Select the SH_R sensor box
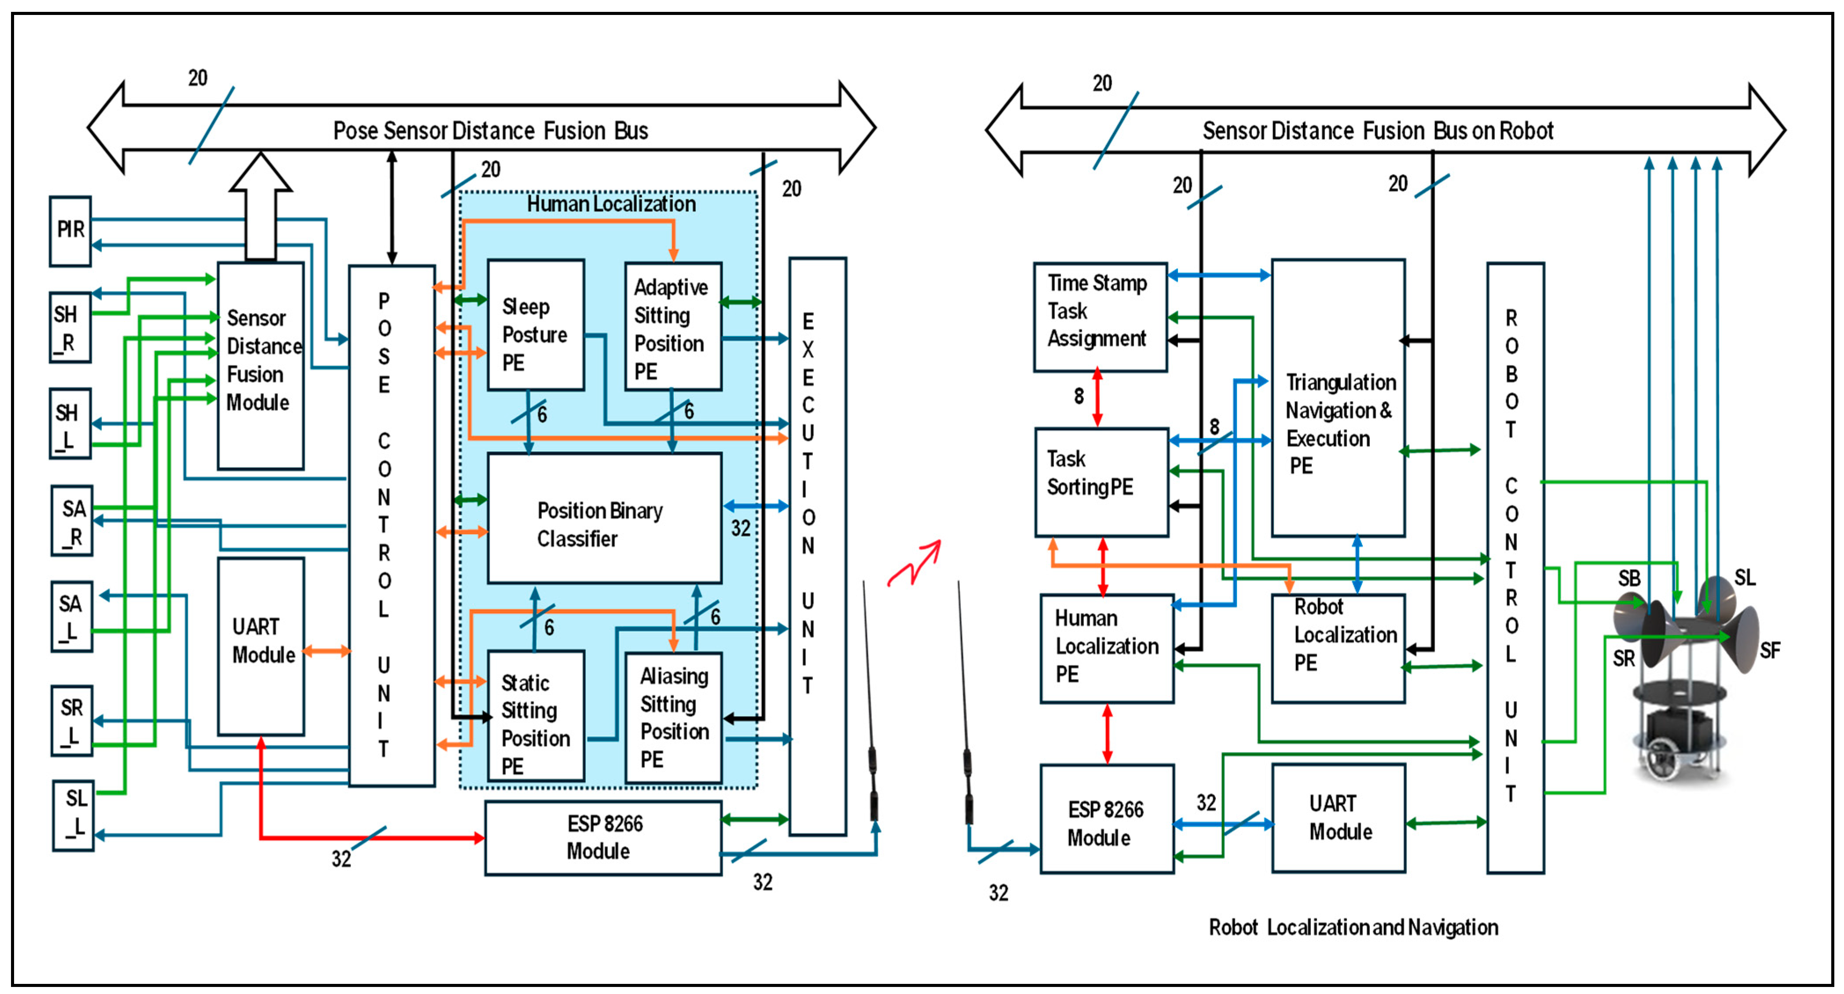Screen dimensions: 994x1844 tap(70, 327)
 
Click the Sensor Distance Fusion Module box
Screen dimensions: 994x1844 tap(260, 365)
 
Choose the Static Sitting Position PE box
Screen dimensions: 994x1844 tap(535, 716)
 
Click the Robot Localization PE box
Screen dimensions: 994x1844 tap(1338, 647)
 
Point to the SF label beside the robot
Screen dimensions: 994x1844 tap(1770, 650)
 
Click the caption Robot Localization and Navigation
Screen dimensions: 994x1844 tap(1353, 928)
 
